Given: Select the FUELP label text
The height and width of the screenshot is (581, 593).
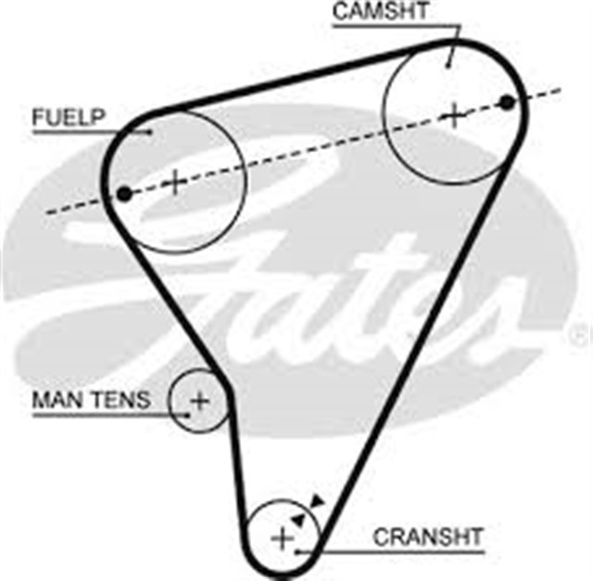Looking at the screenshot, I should pyautogui.click(x=69, y=118).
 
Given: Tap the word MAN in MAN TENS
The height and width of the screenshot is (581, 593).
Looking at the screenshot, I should pyautogui.click(x=55, y=400).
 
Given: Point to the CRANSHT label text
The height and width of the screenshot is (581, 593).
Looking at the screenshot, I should pyautogui.click(x=427, y=536).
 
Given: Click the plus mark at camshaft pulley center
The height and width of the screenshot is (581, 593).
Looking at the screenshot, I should pyautogui.click(x=454, y=115).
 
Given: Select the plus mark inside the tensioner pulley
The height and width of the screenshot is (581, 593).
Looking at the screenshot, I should pyautogui.click(x=199, y=401).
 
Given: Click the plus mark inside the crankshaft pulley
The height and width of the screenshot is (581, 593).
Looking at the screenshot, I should pyautogui.click(x=282, y=537).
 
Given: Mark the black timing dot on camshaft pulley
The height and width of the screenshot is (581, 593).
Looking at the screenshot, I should pyautogui.click(x=506, y=101).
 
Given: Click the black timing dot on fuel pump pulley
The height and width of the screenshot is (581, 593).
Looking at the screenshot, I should pyautogui.click(x=124, y=193).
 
